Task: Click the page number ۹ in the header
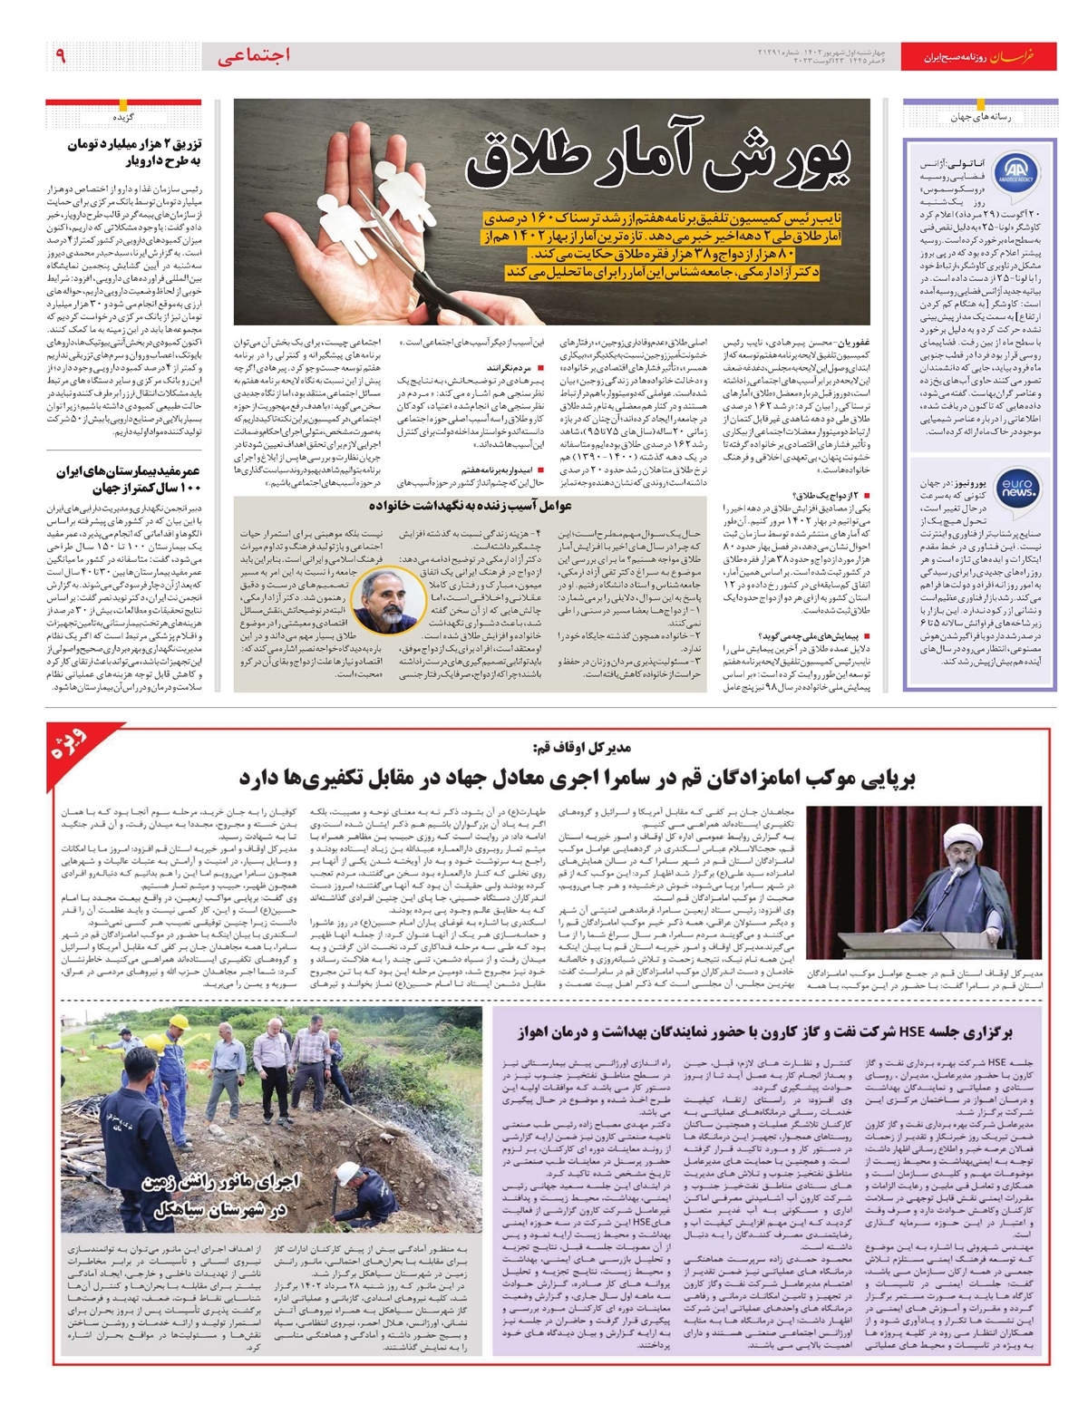coord(61,55)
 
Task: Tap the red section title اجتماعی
coord(254,55)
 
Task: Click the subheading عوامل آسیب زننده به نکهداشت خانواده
coord(483,506)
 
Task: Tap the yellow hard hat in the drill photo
coord(179,1022)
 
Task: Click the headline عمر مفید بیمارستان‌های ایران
coord(128,479)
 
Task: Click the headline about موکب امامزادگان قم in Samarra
coord(578,778)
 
